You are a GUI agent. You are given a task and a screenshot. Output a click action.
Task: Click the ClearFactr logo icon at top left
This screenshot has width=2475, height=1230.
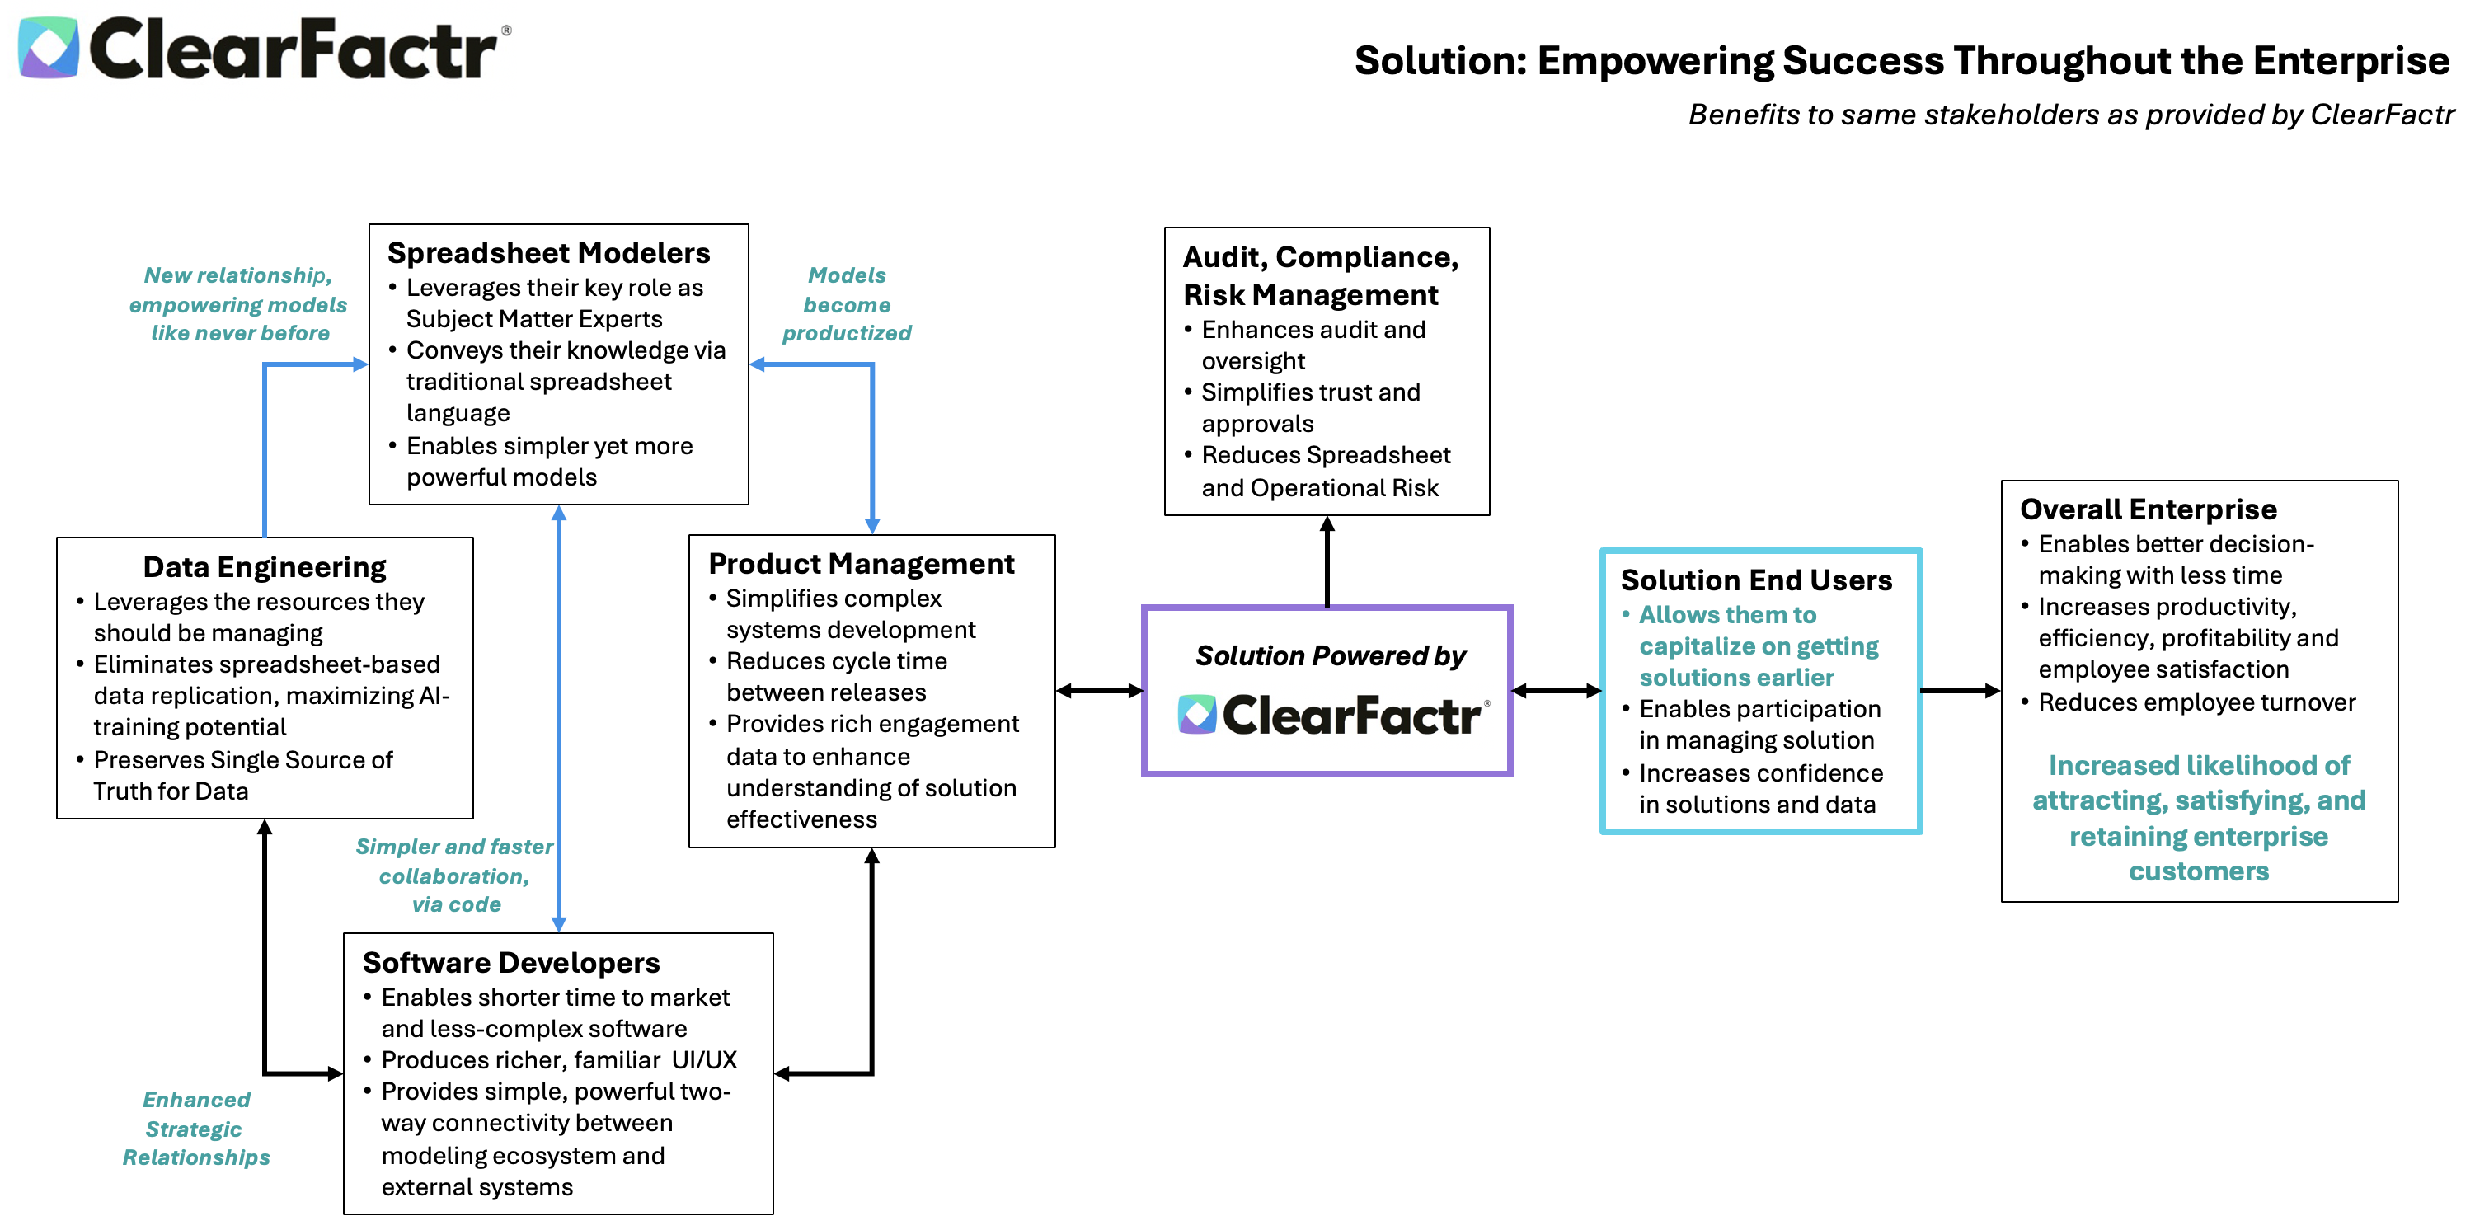(48, 47)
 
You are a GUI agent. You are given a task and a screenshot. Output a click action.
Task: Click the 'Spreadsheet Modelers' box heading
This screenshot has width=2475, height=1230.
(547, 253)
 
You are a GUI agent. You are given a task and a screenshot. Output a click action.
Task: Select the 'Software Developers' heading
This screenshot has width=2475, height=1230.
(510, 962)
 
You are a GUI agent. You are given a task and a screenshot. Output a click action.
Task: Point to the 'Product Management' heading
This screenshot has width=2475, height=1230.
(861, 563)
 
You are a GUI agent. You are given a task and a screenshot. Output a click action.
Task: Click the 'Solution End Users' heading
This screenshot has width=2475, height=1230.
(1755, 580)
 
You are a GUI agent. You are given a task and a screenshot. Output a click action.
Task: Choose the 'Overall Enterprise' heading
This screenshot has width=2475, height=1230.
(2148, 509)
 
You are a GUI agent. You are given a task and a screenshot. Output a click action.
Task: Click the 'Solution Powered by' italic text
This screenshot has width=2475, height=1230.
(1330, 655)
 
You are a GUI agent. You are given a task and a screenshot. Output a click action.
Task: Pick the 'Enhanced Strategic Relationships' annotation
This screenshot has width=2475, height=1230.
(196, 1128)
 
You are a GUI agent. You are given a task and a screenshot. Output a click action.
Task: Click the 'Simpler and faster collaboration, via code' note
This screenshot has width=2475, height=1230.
(454, 876)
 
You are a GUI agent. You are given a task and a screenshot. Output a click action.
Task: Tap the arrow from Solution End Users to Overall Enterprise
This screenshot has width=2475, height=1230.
(1960, 690)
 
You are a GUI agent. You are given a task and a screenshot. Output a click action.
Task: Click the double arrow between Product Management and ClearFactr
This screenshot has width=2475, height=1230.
(1099, 690)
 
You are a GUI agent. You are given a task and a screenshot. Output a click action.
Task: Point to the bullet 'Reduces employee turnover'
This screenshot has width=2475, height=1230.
(2196, 702)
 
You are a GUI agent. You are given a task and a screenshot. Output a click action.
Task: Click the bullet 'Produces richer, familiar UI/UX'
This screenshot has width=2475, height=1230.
(558, 1060)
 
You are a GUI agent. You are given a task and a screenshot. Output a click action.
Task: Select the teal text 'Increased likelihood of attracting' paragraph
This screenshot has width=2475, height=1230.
(2198, 818)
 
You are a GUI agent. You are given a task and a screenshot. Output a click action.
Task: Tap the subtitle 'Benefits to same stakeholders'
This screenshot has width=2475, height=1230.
(2070, 115)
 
